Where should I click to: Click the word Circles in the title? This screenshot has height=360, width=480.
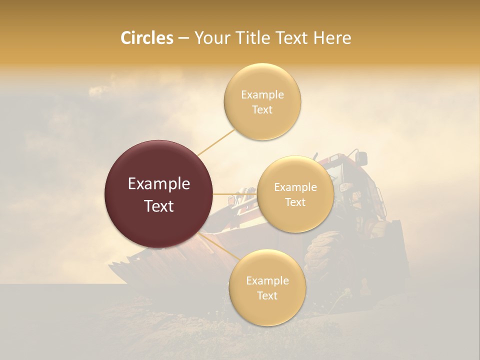pos(146,38)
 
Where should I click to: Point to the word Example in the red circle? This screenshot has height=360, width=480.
pos(158,184)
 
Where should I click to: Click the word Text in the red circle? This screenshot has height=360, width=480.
pos(158,206)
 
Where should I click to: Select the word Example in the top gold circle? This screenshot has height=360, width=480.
pos(262,95)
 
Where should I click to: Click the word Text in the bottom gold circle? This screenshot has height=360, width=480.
pos(267,295)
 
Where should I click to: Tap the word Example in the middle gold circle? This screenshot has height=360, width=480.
pos(295,187)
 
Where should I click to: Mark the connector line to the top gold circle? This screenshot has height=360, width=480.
pos(216,141)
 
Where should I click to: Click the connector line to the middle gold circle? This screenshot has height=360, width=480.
pos(234,194)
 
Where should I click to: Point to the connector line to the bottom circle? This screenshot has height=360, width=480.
pos(220,246)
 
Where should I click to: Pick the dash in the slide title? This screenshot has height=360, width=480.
pos(183,38)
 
